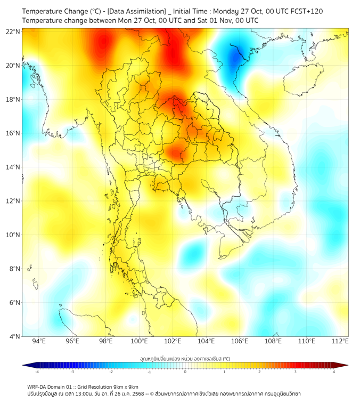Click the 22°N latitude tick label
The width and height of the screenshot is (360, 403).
coord(13,32)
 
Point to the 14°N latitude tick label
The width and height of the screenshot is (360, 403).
coord(13,167)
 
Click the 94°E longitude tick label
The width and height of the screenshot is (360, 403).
coord(39,341)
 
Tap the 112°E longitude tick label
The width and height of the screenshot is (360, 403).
coord(340,341)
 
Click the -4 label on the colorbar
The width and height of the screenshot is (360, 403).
coord(37,372)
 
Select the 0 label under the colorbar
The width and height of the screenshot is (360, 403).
coord(185,372)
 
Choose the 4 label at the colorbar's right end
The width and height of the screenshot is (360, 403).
coord(334,372)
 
